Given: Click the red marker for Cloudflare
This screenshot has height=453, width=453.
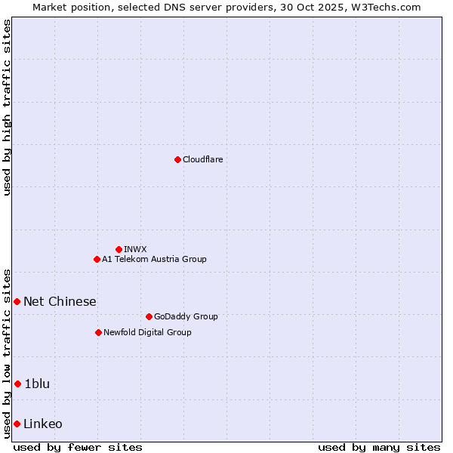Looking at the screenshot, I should [x=177, y=159].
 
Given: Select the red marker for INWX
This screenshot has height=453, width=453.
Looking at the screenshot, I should [x=119, y=249].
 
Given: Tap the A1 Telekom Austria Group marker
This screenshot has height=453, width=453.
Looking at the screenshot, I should [x=97, y=259].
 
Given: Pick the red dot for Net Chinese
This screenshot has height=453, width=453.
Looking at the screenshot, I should [x=17, y=301].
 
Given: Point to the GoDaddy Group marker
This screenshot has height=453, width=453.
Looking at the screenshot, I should [x=149, y=316].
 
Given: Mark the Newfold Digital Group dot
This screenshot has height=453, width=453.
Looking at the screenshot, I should [x=98, y=332].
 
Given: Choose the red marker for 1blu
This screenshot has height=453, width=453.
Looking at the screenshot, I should [x=17, y=384].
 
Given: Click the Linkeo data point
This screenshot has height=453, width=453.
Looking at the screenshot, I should [x=17, y=424].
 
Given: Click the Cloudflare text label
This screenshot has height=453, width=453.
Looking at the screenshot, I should [x=202, y=159].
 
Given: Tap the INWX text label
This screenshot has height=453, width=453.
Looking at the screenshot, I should [x=135, y=249].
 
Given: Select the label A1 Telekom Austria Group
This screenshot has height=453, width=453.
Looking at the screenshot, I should [x=154, y=259].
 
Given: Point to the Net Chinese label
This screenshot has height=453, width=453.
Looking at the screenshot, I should [x=60, y=301].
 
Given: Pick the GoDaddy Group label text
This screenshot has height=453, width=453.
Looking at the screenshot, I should [x=185, y=316].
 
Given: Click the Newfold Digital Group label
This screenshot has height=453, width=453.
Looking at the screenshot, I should [x=147, y=332].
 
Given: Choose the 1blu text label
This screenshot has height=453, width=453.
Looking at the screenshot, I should [x=37, y=384].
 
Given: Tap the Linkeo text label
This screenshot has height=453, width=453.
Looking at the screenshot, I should [x=43, y=424].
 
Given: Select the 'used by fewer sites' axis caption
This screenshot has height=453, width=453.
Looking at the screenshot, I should [x=78, y=447].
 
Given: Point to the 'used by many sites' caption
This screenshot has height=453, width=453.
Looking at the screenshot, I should [x=379, y=447].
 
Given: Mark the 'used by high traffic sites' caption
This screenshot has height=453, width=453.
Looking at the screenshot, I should [x=7, y=107].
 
